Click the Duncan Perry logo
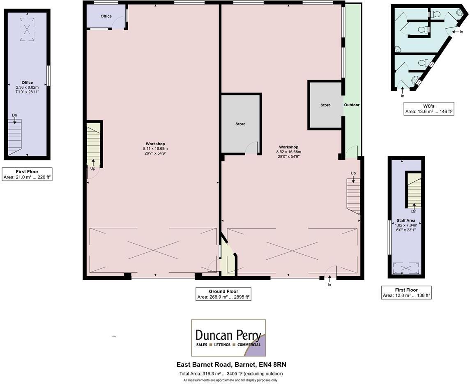tap(228, 338)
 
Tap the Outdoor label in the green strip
tap(352, 105)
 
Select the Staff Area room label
tap(405, 220)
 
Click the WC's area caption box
tap(429, 109)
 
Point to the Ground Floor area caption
tap(223, 294)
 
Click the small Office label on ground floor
tap(106, 16)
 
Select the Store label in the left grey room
tap(240, 124)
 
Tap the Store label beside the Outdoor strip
tap(325, 105)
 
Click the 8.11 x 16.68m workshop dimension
tap(155, 149)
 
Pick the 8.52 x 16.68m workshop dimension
tap(288, 152)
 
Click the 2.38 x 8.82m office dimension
tap(27, 87)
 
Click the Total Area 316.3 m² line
tap(231, 374)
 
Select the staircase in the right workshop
tap(353, 196)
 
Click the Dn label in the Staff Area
tap(414, 211)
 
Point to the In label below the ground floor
tap(329, 285)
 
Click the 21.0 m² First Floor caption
tap(27, 174)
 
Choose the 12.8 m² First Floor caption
tap(406, 293)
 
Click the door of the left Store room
tap(251, 148)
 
